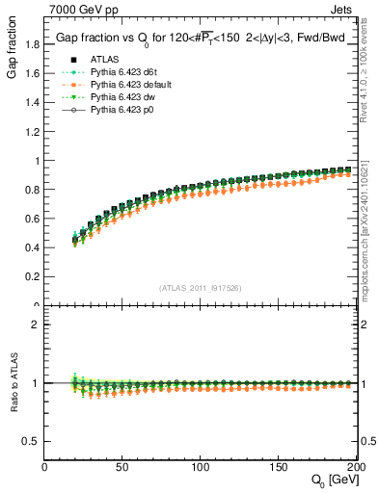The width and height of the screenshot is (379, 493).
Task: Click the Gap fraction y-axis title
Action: (12, 53)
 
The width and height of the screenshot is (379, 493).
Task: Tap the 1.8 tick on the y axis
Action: (33, 44)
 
